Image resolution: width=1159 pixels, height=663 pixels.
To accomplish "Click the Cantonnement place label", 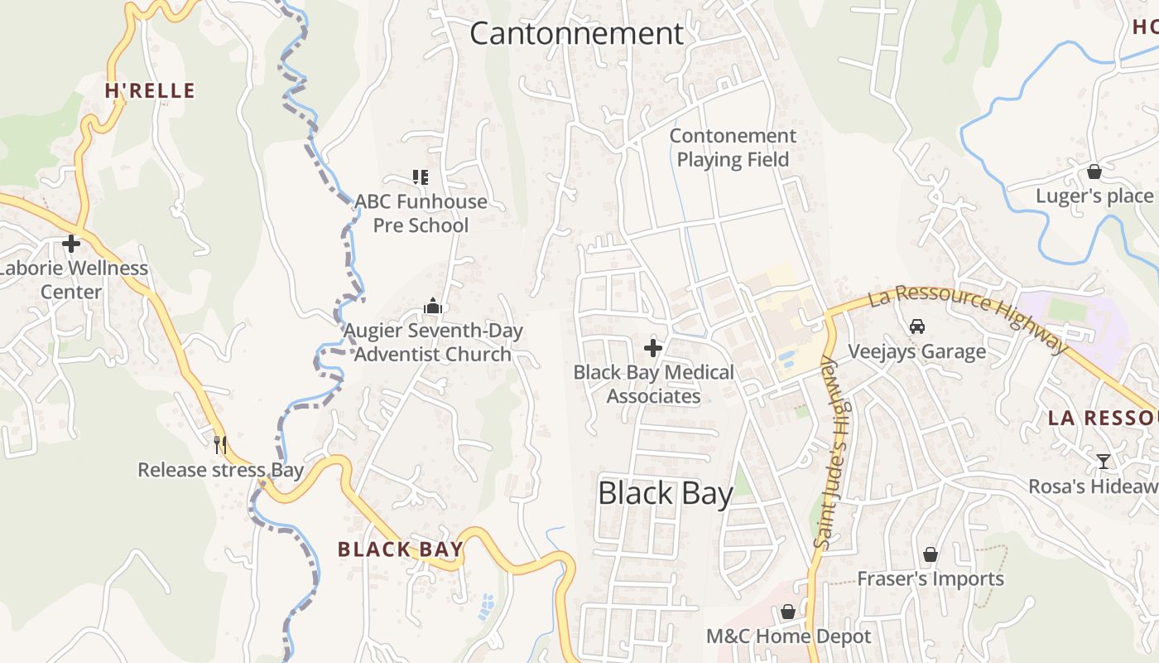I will tap(576, 34).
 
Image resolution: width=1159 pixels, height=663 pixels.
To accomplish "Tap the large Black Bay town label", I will tap(665, 494).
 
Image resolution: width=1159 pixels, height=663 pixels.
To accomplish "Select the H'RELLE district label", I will tap(150, 91).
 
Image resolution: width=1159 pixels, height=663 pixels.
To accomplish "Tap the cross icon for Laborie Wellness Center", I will tap(71, 244).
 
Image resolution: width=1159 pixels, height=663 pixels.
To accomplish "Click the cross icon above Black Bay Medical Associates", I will tap(653, 348).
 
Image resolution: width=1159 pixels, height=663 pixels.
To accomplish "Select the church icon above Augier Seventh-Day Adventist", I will tap(433, 307).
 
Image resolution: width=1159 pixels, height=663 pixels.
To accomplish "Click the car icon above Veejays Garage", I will tap(916, 327).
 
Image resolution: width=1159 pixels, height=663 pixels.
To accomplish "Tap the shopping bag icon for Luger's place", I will tap(1094, 172).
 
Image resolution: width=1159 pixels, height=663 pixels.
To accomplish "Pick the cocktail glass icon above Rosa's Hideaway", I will tap(1103, 462).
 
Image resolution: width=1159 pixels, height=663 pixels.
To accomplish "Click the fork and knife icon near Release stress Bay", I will tap(219, 445).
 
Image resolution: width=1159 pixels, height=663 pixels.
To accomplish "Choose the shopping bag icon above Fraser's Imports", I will tap(931, 554).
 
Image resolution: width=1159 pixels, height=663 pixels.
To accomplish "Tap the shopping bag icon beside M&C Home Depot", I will tap(787, 612).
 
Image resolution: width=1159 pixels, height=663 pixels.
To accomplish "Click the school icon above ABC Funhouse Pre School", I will tap(421, 177).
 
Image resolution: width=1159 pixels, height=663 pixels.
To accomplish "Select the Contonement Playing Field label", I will tap(733, 148).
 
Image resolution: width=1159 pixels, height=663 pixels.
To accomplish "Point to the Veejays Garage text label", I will tap(916, 351).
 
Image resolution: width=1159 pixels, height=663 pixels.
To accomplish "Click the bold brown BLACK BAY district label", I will tap(400, 549).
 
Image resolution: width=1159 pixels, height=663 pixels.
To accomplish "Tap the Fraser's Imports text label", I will tap(931, 578).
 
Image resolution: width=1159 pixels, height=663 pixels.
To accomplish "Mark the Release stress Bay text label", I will tap(220, 470).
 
